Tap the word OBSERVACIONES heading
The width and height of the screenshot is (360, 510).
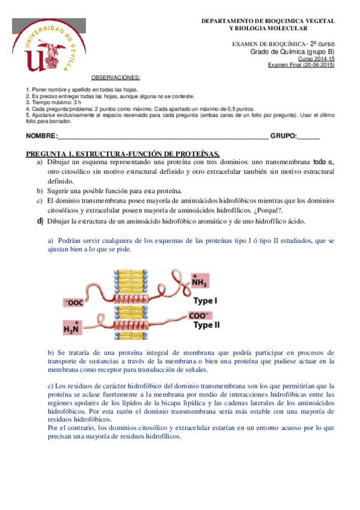[115, 78]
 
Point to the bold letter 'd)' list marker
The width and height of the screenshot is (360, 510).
[40, 221]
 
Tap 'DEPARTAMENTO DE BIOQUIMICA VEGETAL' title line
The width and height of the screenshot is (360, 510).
[268, 21]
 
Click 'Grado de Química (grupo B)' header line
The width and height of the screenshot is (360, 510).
[292, 52]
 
